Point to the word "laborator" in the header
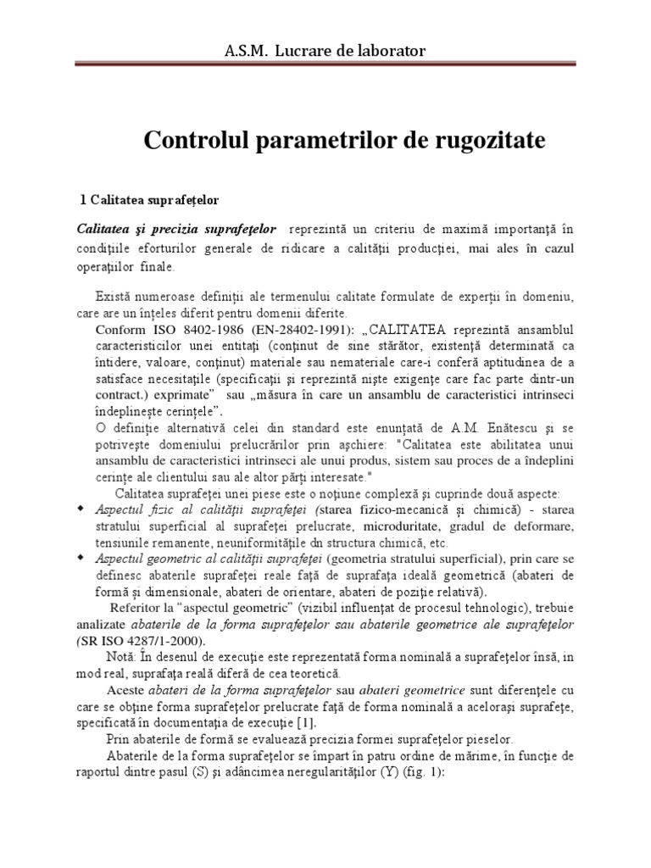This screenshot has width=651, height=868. pos(390,53)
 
